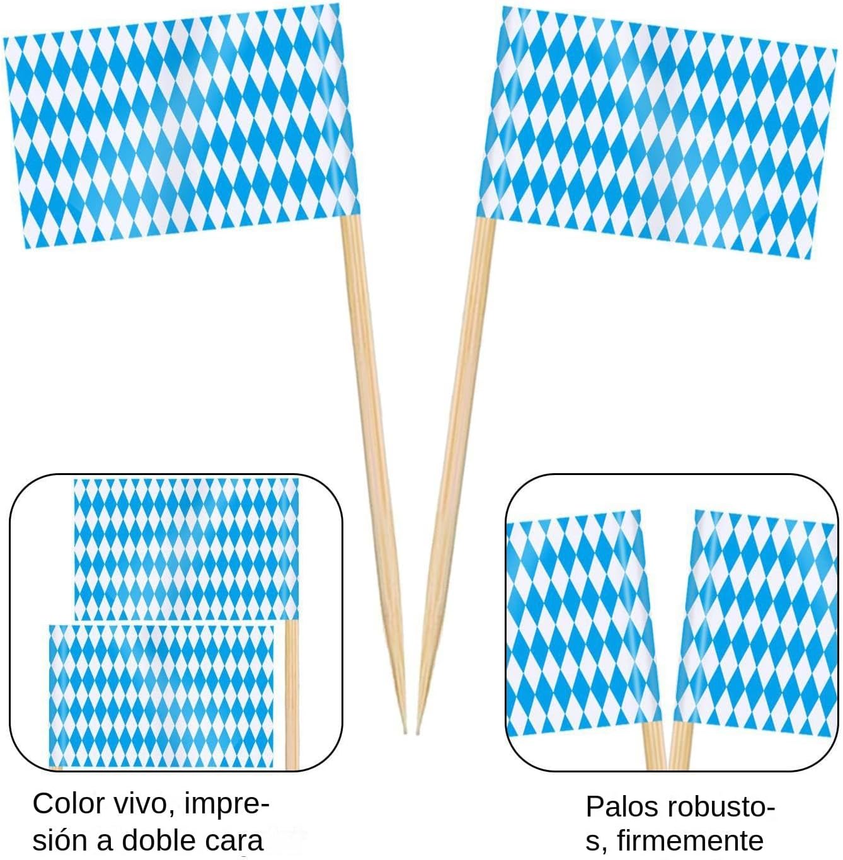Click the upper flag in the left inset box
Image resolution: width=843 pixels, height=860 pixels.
tap(186, 548)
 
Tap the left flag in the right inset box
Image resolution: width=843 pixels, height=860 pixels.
tap(580, 624)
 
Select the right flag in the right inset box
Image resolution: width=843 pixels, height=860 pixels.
tap(756, 624)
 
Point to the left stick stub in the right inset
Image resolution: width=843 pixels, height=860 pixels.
tap(653, 746)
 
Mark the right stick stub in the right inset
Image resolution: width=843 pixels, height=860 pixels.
tap(680, 746)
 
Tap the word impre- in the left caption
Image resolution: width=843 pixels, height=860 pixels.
tap(227, 805)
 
